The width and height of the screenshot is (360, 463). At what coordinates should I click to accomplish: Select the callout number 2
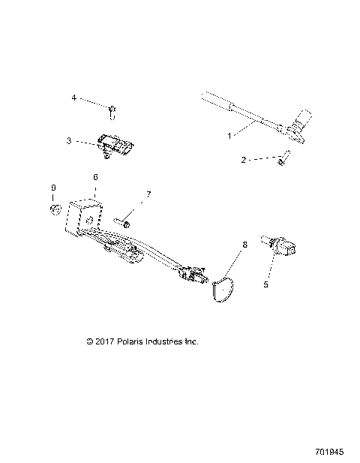tap(244, 160)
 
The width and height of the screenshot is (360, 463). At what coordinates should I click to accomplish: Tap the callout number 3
tap(69, 140)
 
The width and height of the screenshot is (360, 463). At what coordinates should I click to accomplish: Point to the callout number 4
tap(73, 98)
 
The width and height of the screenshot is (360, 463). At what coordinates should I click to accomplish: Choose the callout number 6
tap(95, 177)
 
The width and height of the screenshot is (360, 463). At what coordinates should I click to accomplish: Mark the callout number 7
tap(148, 194)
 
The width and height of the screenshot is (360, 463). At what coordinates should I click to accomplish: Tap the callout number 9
tap(52, 187)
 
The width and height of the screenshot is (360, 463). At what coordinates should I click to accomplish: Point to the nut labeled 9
tap(55, 207)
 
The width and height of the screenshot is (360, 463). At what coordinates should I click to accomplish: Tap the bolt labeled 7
tap(124, 222)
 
